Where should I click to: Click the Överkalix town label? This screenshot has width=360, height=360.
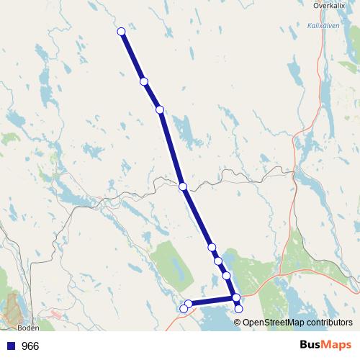coord(331,5)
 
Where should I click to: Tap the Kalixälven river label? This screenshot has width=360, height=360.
coord(323,24)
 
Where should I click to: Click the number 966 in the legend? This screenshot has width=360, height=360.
coord(30,346)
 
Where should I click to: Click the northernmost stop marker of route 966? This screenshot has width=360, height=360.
coord(121,31)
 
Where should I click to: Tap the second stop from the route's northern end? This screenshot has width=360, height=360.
coord(144,82)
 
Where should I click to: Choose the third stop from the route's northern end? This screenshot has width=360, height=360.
coord(160,109)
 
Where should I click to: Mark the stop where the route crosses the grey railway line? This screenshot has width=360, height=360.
coord(183,186)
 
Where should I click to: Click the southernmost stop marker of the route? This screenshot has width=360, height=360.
coord(239,309)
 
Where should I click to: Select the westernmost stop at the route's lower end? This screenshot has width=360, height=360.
coord(183,309)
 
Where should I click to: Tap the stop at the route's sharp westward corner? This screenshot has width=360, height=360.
coord(236,297)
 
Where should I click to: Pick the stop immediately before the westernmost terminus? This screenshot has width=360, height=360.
coord(189,304)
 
